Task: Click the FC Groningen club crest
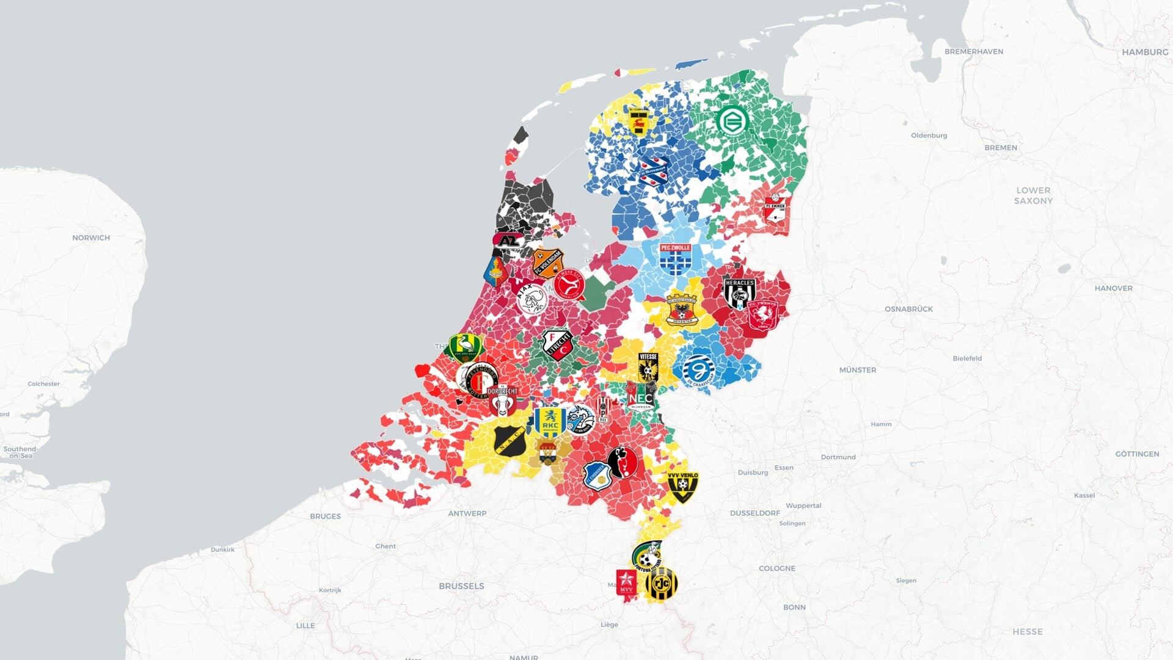click(x=732, y=121)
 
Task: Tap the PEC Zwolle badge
click(x=675, y=259)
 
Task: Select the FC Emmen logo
click(x=775, y=209)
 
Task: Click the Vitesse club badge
click(x=648, y=367)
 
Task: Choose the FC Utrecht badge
click(x=557, y=345)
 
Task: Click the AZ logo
click(x=508, y=241)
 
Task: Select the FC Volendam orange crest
click(x=547, y=263)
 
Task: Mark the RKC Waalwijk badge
click(x=550, y=422)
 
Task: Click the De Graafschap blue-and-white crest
click(x=698, y=370)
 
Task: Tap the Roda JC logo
click(x=661, y=585)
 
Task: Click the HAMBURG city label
click(x=1144, y=53)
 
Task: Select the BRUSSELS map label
click(x=461, y=586)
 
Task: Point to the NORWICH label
click(x=91, y=238)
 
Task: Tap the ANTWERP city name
click(x=467, y=513)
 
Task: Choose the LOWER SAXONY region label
click(x=1033, y=195)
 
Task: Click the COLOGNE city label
click(x=777, y=568)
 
